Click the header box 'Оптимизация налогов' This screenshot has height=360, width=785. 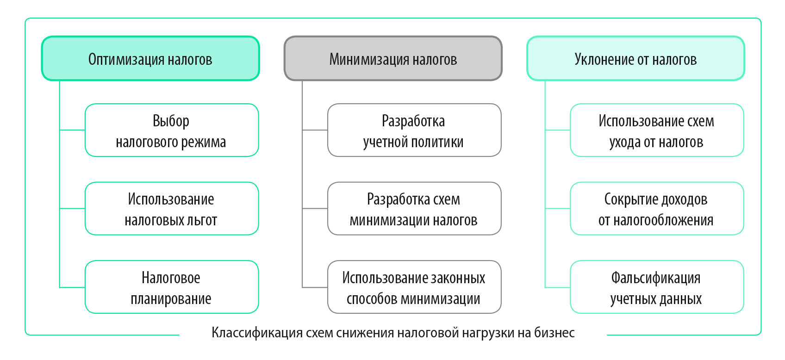click(150, 59)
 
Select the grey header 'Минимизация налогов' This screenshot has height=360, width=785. click(392, 59)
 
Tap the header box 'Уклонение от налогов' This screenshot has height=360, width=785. click(635, 59)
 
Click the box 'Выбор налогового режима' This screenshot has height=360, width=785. click(171, 130)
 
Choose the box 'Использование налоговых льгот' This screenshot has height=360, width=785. click(171, 209)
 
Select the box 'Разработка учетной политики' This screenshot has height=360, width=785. click(414, 130)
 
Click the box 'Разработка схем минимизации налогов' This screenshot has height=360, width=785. click(414, 209)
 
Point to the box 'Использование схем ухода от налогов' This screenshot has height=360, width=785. click(656, 130)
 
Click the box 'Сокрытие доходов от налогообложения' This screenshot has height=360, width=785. click(656, 209)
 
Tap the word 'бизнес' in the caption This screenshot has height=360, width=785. click(554, 333)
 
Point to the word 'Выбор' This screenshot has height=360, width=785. click(171, 121)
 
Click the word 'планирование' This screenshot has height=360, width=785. click(171, 299)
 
